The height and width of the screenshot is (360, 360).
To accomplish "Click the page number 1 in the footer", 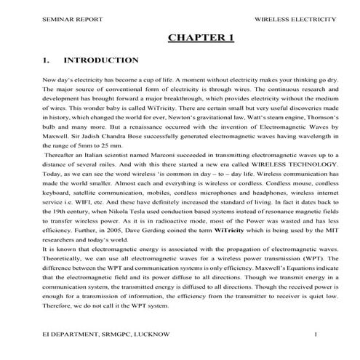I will pyautogui.click(x=315, y=335).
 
